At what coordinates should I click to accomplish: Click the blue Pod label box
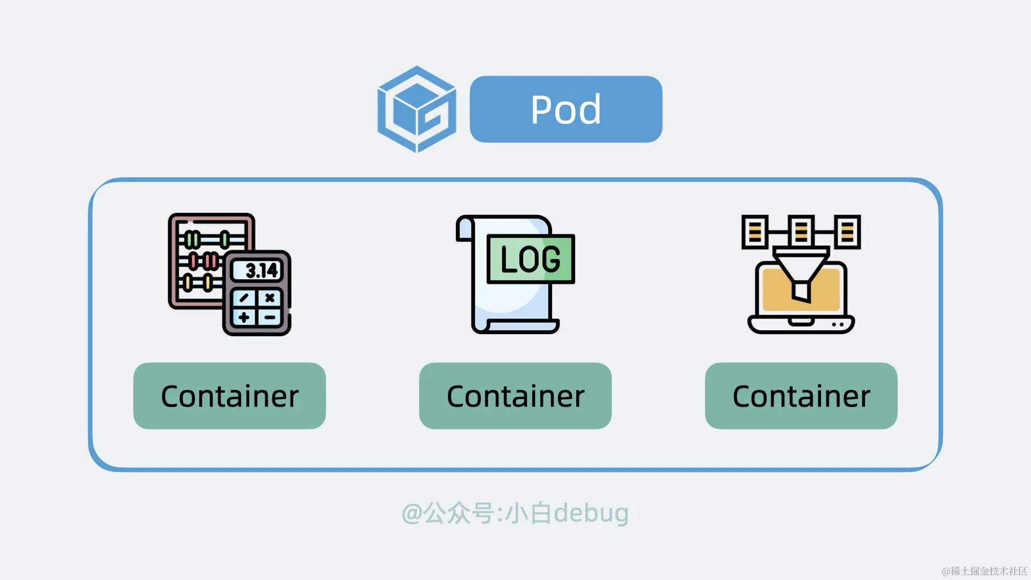pyautogui.click(x=565, y=109)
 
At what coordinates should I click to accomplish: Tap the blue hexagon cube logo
pyautogui.click(x=417, y=109)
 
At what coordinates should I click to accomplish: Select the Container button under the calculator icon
pyautogui.click(x=229, y=396)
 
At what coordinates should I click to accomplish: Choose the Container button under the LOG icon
pyautogui.click(x=515, y=396)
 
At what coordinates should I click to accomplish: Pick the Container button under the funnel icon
pyautogui.click(x=801, y=396)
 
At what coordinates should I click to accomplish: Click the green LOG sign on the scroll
pyautogui.click(x=531, y=259)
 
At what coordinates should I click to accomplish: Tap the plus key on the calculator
pyautogui.click(x=244, y=317)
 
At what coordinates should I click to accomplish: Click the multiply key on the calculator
pyautogui.click(x=270, y=298)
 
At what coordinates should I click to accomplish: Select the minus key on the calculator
pyautogui.click(x=270, y=317)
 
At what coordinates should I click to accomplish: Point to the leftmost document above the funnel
pyautogui.click(x=754, y=231)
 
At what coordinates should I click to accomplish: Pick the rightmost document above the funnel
pyautogui.click(x=847, y=231)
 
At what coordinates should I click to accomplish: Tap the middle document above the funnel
pyautogui.click(x=801, y=231)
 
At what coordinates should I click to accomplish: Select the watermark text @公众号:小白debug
pyautogui.click(x=515, y=513)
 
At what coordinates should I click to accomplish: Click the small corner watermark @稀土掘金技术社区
pyautogui.click(x=984, y=571)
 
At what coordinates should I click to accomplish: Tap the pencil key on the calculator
pyautogui.click(x=244, y=298)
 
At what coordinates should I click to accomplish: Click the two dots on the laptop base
pyautogui.click(x=837, y=324)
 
